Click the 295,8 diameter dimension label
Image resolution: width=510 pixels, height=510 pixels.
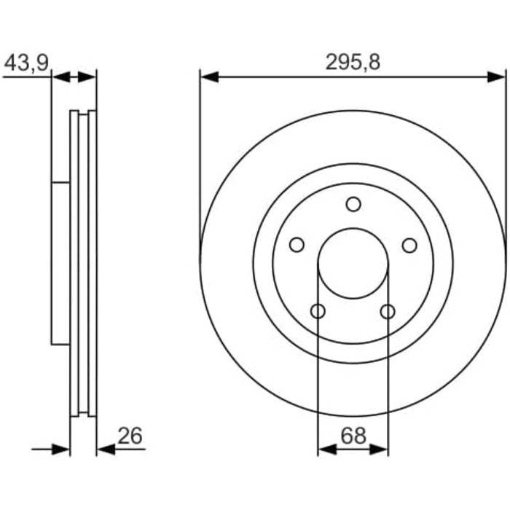click(353, 62)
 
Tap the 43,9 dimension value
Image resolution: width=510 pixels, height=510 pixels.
click(26, 63)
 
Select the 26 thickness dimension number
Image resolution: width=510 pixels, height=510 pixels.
click(130, 436)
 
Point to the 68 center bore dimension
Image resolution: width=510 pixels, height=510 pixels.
click(353, 436)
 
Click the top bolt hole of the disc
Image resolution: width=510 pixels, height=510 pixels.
click(353, 204)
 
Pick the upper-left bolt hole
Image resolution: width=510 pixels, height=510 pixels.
click(297, 245)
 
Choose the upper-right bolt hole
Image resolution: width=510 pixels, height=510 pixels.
click(409, 246)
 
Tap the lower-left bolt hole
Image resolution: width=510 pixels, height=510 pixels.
click(318, 311)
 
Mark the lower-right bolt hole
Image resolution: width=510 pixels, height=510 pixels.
click(388, 312)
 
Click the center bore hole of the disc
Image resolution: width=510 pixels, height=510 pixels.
click(353, 263)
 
